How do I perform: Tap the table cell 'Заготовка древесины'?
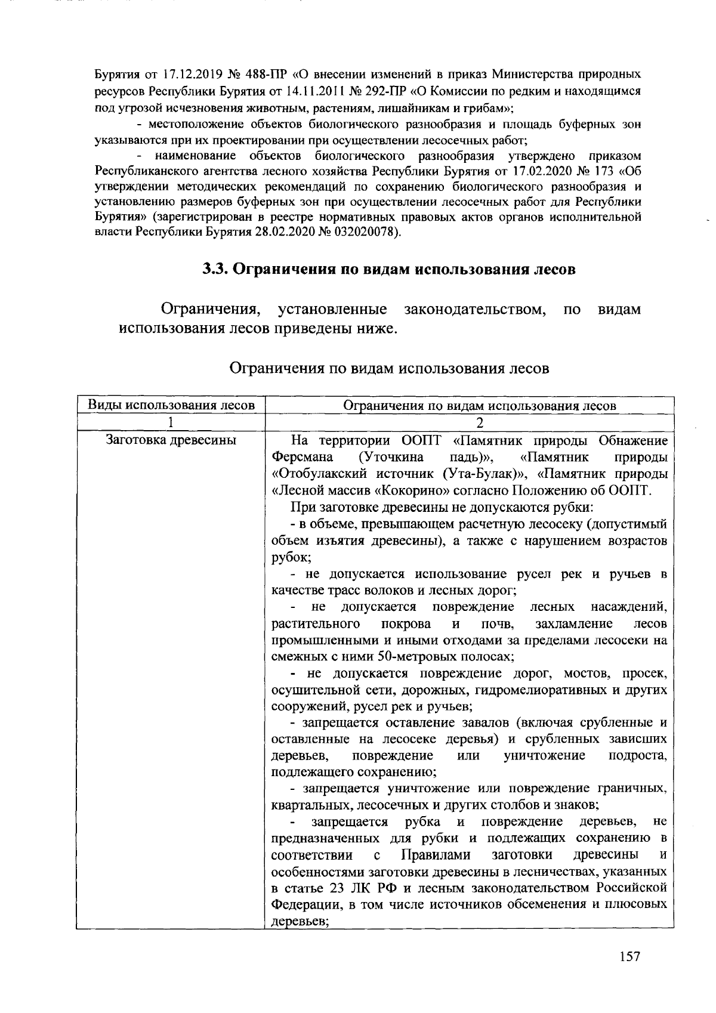(x=171, y=441)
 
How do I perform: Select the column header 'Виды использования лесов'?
(x=172, y=405)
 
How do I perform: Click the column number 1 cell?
(x=171, y=422)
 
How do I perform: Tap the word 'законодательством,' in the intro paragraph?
(x=476, y=310)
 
